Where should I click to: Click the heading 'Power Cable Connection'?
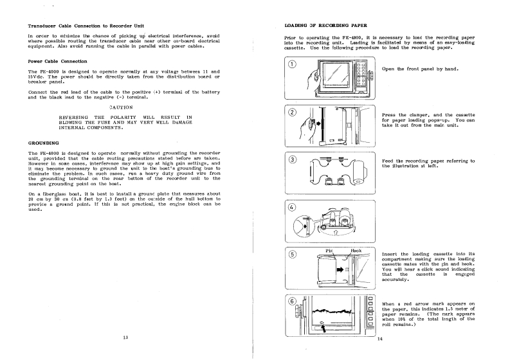click(x=59, y=60)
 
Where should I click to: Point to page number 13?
click(x=125, y=336)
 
